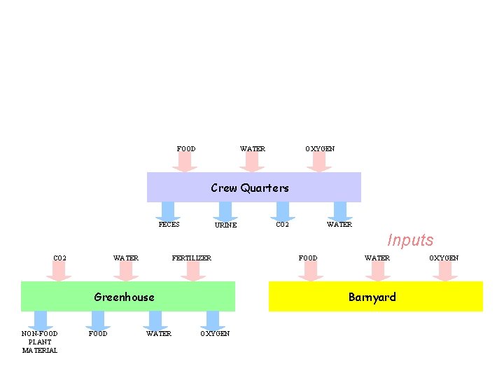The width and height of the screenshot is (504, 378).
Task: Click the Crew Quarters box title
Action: [x=250, y=188]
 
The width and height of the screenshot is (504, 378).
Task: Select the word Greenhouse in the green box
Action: [x=124, y=297]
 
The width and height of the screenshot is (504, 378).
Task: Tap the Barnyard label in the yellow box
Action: [x=372, y=297]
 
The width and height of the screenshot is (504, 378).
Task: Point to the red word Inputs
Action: [x=410, y=240]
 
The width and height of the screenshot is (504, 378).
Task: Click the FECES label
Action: [x=169, y=225]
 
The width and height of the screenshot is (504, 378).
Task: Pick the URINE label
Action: [x=225, y=225]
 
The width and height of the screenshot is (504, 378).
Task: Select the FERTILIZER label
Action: [x=191, y=258]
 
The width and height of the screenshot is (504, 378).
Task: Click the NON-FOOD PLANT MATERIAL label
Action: [x=40, y=342]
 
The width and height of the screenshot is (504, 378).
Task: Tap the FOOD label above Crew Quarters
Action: [x=186, y=149]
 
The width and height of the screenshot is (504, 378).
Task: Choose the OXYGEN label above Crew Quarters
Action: [x=320, y=149]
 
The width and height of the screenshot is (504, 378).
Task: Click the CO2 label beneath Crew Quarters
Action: [x=282, y=225]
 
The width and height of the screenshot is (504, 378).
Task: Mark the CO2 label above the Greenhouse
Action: [x=60, y=258]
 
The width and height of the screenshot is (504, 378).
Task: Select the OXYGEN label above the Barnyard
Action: [x=444, y=258]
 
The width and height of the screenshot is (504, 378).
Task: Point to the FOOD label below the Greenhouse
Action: [x=98, y=334]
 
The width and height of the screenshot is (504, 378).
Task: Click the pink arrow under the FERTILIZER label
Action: [x=192, y=272]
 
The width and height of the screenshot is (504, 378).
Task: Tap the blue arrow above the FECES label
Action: [x=168, y=211]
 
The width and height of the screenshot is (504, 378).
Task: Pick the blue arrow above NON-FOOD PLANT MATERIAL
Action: [x=41, y=320]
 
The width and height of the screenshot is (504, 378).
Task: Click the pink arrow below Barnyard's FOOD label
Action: [x=310, y=272]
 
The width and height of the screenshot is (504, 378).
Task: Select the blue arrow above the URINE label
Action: [x=225, y=211]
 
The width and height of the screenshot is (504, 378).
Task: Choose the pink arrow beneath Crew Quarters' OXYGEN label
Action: [x=319, y=162]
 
